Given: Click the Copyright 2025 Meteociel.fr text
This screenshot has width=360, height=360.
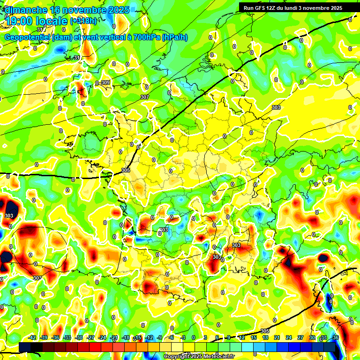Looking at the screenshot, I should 199,357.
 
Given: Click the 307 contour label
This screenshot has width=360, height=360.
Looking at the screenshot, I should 144,97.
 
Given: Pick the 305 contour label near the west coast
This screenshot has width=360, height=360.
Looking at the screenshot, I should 125,170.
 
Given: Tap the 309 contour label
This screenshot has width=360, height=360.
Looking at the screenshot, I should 105,83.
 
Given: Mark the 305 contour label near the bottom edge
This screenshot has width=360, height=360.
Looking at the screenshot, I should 265,331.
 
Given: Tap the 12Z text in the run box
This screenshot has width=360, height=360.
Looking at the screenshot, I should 271,8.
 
